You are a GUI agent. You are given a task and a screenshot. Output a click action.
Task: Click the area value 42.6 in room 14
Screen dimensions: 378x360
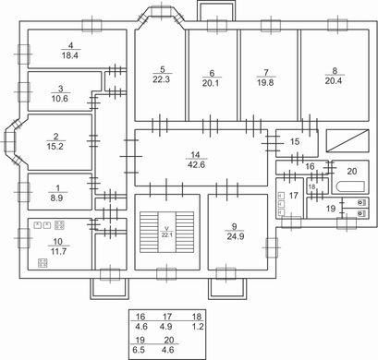(196, 164)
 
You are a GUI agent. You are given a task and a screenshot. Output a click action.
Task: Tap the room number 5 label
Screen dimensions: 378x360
(163, 69)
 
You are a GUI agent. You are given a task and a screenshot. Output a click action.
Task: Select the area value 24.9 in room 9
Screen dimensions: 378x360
(236, 236)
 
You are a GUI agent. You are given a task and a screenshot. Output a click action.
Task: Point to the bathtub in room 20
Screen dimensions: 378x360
(350, 186)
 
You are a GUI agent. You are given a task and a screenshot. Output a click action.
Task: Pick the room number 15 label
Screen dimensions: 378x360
(295, 141)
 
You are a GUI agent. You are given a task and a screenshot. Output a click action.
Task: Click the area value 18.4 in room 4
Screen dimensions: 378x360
(70, 55)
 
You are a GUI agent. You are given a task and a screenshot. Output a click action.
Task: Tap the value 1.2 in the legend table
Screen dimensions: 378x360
(198, 327)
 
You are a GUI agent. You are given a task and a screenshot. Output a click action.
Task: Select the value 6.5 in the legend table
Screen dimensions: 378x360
(139, 350)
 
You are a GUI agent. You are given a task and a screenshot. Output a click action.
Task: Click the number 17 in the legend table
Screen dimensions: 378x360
(167, 317)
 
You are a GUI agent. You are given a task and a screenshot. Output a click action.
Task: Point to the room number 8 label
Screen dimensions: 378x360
(335, 71)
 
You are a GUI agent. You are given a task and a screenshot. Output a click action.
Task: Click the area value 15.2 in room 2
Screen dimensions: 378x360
(55, 147)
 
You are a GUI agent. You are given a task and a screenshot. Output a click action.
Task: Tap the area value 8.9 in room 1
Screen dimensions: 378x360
(56, 198)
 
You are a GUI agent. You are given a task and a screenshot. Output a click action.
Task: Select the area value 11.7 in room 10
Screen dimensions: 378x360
(58, 251)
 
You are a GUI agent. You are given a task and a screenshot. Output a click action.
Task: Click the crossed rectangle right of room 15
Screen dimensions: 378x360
(348, 141)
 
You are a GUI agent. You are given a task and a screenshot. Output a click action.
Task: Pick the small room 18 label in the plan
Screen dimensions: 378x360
(311, 186)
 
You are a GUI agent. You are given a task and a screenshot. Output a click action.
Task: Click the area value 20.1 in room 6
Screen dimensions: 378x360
(211, 83)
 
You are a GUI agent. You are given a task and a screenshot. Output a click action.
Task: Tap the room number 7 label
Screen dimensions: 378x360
(266, 73)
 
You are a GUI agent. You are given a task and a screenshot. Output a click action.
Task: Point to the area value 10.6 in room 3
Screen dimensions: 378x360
(60, 99)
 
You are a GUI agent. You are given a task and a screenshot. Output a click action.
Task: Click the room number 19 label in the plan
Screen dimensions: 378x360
(331, 209)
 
